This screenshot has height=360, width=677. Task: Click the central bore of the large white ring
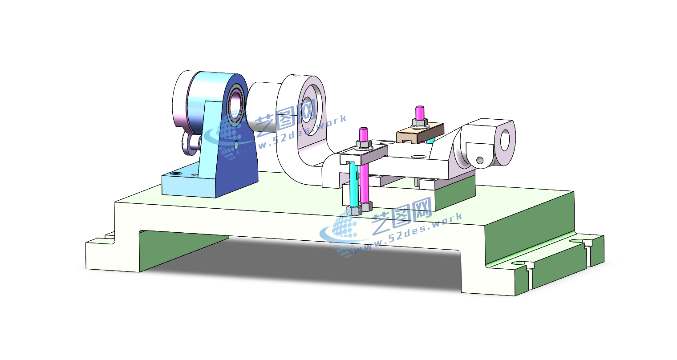[x=308, y=109]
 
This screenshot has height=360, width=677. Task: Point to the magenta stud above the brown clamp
[x=419, y=113]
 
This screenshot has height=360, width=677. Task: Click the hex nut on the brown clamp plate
[x=420, y=123]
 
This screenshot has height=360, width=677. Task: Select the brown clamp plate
[x=420, y=133]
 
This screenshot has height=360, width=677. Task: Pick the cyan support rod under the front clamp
[x=353, y=184]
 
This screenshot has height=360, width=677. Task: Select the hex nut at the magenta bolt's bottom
[x=366, y=207]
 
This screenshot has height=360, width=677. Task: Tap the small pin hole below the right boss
[x=480, y=160]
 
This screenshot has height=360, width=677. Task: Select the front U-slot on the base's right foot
[x=521, y=266]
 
